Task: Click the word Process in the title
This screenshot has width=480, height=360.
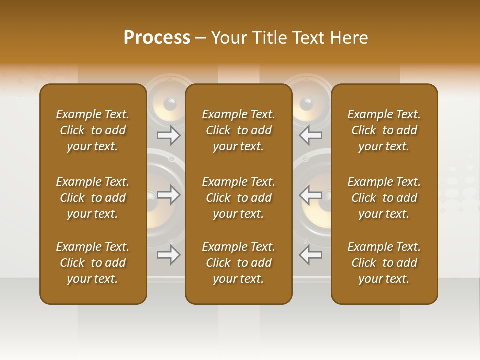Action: (x=157, y=38)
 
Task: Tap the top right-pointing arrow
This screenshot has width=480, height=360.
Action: (x=169, y=135)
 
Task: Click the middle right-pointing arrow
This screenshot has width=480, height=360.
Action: (x=169, y=195)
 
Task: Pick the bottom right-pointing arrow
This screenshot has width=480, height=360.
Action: (x=169, y=255)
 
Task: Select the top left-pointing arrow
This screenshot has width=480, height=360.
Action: (x=310, y=135)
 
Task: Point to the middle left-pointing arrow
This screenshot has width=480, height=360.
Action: (x=310, y=195)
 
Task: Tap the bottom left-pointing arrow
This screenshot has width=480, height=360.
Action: (x=310, y=255)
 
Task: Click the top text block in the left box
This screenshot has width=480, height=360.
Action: (x=93, y=130)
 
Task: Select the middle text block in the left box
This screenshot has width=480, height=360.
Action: (x=93, y=198)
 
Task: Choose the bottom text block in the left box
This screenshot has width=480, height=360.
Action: (x=93, y=263)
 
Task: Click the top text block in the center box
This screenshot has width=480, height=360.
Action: (x=239, y=130)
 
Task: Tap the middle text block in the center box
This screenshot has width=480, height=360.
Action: (x=239, y=198)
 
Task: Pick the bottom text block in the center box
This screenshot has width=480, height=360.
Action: (x=239, y=263)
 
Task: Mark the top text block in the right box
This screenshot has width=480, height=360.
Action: (x=384, y=130)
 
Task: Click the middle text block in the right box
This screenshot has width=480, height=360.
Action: (x=384, y=198)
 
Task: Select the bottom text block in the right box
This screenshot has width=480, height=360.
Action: (x=384, y=263)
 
